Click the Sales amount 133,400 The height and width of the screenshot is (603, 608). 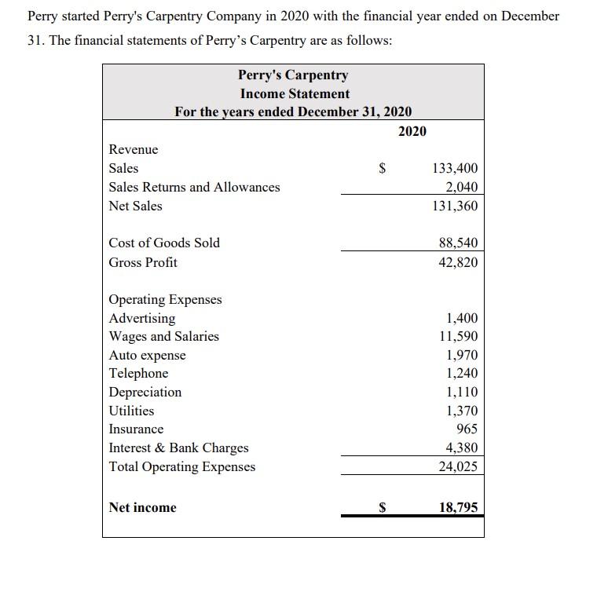[x=455, y=168]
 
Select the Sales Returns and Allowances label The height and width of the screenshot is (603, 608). [x=194, y=187]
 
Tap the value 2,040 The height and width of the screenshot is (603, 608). [x=461, y=187]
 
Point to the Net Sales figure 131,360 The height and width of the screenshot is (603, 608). [x=455, y=206]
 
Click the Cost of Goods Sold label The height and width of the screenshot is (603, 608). [x=164, y=243]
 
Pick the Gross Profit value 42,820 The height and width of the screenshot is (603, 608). [x=458, y=262]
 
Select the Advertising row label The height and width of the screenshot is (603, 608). [x=142, y=318]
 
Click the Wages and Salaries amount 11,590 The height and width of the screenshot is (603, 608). [x=458, y=336]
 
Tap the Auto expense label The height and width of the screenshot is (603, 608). [x=148, y=355]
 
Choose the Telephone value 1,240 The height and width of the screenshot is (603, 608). [x=461, y=374]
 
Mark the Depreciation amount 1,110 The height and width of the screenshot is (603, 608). [x=461, y=392]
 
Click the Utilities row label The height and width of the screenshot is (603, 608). [x=131, y=411]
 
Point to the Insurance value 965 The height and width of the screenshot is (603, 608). [x=467, y=429]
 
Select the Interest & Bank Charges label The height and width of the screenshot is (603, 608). [x=178, y=448]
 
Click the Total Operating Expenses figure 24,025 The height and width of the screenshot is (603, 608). [x=458, y=466]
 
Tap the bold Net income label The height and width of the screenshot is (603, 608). [x=143, y=507]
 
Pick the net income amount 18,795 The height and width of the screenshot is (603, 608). [x=458, y=507]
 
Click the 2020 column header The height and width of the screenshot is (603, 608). [x=412, y=130]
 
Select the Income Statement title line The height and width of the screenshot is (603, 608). [x=295, y=93]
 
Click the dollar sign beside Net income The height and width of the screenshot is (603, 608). [x=383, y=507]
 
